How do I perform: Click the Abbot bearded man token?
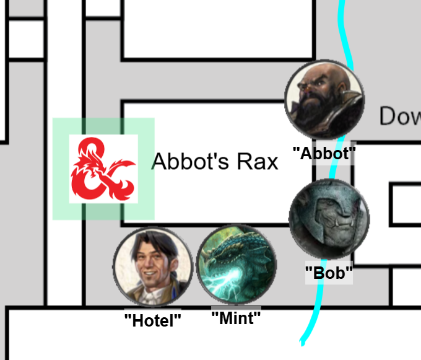coord(324,99)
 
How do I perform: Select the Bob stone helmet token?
coord(329,218)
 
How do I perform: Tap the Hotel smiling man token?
coord(152,266)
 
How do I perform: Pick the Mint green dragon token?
coord(236,265)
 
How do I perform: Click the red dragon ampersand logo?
coord(103,168)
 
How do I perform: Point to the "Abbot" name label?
coord(324,152)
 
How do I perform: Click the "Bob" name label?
coord(329,272)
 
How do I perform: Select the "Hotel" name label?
coord(152,320)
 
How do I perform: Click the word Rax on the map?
coord(256,162)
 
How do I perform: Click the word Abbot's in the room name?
coord(188,162)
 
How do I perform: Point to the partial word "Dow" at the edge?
coord(399,116)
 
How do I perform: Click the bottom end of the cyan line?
coord(303,342)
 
